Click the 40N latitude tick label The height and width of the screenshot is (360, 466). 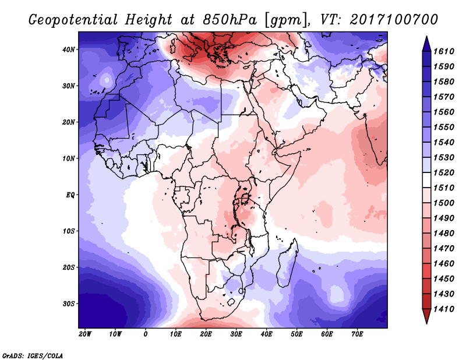[x=68, y=50]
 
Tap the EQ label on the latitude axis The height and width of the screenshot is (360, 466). [x=70, y=195]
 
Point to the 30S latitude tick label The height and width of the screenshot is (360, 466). [x=68, y=304]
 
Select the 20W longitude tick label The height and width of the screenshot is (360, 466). [x=85, y=334]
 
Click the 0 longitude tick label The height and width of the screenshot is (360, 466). [x=145, y=334]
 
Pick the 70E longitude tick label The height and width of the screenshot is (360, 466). [x=357, y=334]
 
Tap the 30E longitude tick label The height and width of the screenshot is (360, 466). [x=236, y=334]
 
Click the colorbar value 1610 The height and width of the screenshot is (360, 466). [x=444, y=51]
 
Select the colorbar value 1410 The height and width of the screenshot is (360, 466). [x=444, y=309]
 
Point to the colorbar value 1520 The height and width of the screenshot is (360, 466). [x=444, y=172]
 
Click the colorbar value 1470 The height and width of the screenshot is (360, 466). [x=444, y=249]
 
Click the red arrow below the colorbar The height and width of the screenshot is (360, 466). [x=426, y=316]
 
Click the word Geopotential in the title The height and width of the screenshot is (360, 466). [x=73, y=20]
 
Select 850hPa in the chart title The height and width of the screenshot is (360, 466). [x=230, y=20]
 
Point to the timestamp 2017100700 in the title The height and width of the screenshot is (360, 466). [x=394, y=19]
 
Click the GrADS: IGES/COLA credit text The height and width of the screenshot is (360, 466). [x=32, y=356]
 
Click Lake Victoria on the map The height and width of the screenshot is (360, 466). [x=245, y=198]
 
